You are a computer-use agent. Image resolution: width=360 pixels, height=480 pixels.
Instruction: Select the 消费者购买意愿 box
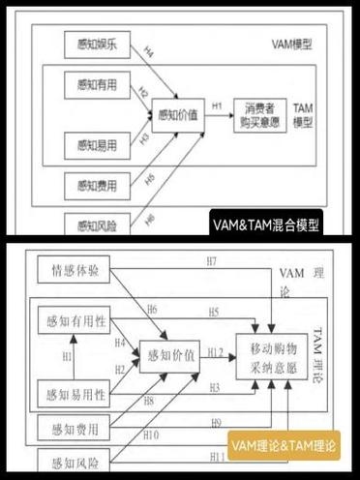pos(262,115)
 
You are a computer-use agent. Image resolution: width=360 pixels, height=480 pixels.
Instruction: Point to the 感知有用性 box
pos(71,320)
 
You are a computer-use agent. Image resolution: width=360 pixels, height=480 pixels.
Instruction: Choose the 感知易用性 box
pos(71,392)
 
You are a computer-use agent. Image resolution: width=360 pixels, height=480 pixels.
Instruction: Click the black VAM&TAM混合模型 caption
pos(265,225)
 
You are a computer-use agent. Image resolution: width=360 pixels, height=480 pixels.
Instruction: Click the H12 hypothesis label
pos(215,351)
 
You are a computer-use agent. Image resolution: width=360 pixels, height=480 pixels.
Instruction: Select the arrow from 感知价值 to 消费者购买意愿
pos(218,114)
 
